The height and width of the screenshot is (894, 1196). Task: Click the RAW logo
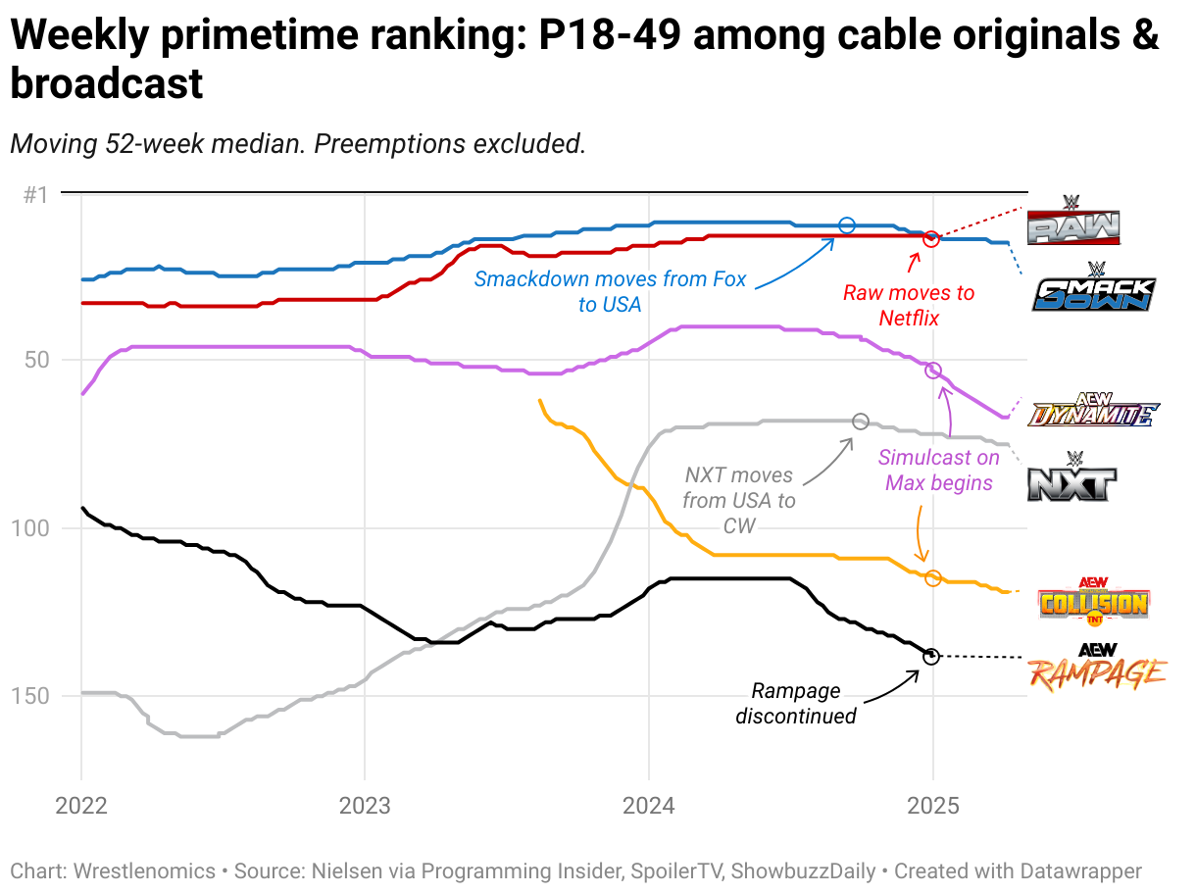(1072, 221)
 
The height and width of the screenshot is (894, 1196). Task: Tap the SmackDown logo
(1094, 287)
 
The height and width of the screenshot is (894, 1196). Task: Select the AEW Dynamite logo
(1093, 409)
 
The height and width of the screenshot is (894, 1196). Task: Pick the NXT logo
(1071, 476)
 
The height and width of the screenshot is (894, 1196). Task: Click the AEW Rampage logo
(1097, 668)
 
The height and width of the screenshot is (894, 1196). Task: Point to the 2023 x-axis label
(365, 806)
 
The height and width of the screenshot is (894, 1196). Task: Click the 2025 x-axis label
(933, 806)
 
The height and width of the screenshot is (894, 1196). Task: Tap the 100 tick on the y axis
(30, 528)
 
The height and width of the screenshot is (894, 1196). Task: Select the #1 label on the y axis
(36, 195)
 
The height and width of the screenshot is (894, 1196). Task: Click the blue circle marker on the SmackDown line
(847, 225)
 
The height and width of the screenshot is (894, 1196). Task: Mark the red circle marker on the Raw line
(931, 238)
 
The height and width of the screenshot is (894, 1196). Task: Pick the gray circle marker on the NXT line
(861, 422)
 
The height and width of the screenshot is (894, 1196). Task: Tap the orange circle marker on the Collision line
(933, 578)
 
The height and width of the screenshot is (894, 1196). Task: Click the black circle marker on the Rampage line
(931, 656)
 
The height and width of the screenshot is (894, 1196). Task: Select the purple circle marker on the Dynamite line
(933, 371)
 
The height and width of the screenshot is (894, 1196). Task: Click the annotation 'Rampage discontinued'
(795, 703)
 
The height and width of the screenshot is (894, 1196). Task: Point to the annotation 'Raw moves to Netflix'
(909, 306)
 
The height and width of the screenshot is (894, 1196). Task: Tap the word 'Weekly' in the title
(79, 34)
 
